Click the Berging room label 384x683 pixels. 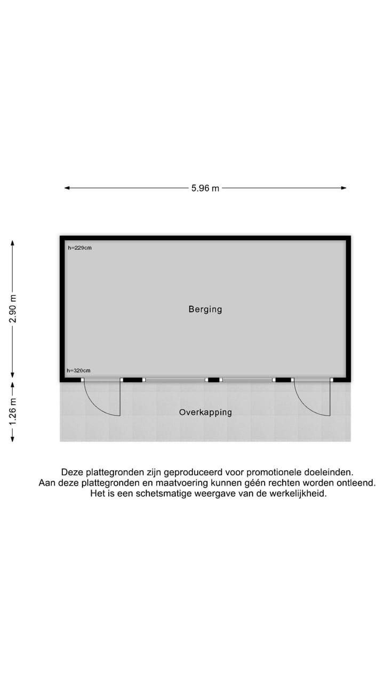point(205,309)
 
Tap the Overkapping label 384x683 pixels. point(205,412)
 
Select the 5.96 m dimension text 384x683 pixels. point(205,188)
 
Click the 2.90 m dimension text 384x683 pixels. point(13,308)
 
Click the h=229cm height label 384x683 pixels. point(79,248)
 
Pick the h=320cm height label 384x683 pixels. point(78,370)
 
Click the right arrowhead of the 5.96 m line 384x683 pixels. point(343,188)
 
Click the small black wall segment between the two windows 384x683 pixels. point(214,379)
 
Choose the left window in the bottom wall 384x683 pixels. point(175,379)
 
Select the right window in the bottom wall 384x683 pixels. point(247,379)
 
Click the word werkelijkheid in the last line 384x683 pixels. point(298,494)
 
